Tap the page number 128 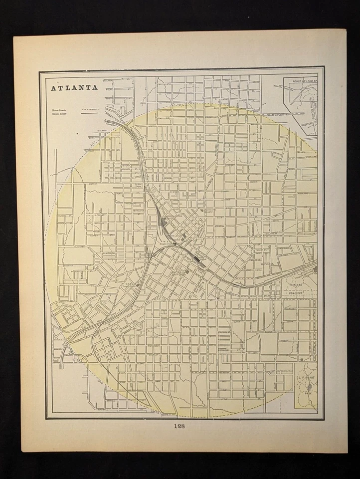[180, 426]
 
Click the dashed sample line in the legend [90, 108]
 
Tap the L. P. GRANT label [305, 381]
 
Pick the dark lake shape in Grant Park [310, 386]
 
